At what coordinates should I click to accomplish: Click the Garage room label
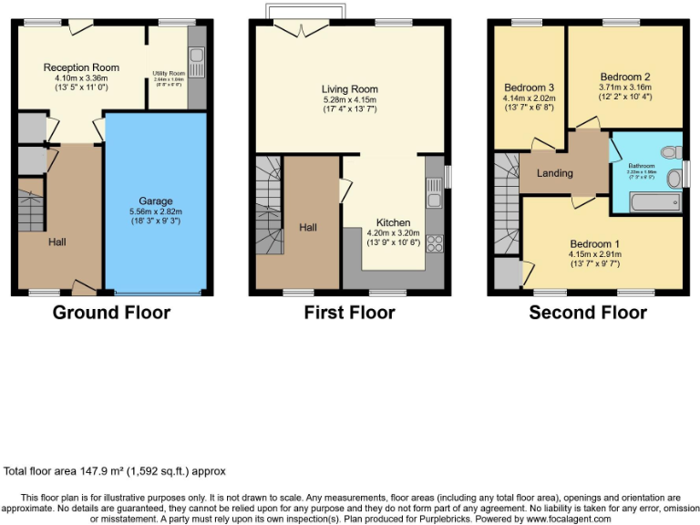pos(155,201)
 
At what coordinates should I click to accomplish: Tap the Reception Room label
pos(81,67)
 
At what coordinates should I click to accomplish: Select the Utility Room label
pos(169,73)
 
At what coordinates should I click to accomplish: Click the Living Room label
pos(349,89)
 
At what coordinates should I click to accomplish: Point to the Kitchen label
pos(393,222)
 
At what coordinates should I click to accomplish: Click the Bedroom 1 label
pos(594,243)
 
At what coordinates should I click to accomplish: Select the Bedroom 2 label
pos(624,77)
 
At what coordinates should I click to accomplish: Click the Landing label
pos(554,173)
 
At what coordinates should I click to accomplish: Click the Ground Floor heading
pos(111,313)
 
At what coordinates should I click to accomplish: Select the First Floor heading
pos(349,313)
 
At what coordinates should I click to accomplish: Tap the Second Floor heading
pos(588,313)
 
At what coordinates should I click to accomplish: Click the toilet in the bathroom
pos(672,152)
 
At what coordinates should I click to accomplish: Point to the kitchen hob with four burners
pos(434,243)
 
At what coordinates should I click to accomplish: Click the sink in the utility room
pos(197,64)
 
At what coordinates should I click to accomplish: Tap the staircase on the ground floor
pos(30,211)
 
